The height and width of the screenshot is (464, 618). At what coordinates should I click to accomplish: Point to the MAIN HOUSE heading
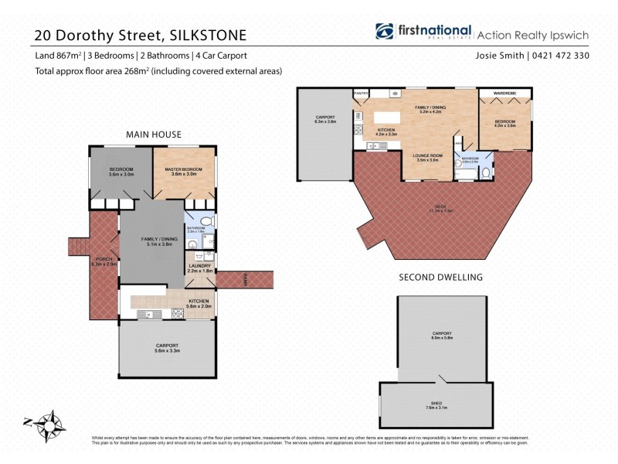pyautogui.click(x=154, y=135)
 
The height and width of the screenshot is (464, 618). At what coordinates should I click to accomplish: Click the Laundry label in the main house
pyautogui.click(x=199, y=268)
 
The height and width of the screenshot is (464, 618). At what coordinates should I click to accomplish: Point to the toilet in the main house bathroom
pyautogui.click(x=206, y=223)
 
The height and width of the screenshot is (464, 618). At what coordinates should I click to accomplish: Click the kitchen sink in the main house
pyautogui.click(x=148, y=314)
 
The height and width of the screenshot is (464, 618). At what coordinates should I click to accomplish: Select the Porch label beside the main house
pyautogui.click(x=100, y=261)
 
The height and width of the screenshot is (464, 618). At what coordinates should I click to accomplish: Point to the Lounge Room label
pyautogui.click(x=428, y=158)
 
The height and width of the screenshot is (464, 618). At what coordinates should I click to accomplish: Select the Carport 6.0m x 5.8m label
pyautogui.click(x=442, y=336)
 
